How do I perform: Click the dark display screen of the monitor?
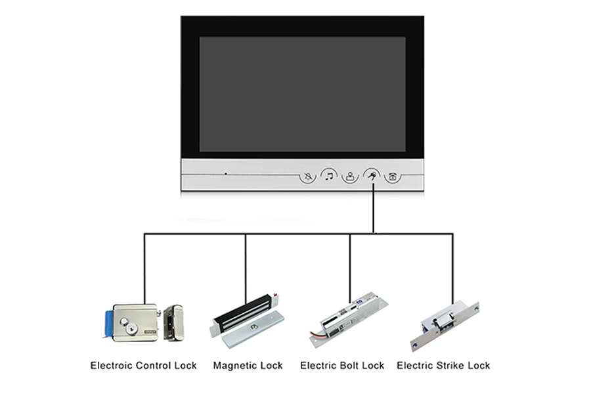point(302,94)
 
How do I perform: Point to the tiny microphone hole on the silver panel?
point(225,174)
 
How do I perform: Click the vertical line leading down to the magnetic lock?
point(246,263)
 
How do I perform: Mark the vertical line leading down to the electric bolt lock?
point(350,263)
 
